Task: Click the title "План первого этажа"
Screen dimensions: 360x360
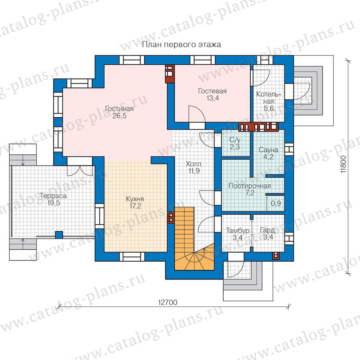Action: [x=181, y=44]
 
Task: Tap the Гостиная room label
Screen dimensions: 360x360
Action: [x=119, y=108]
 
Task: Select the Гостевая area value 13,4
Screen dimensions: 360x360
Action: [x=213, y=98]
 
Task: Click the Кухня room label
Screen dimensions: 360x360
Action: [x=135, y=199]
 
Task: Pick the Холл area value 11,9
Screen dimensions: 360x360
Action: [x=194, y=171]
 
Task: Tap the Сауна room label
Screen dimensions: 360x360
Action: [x=268, y=150]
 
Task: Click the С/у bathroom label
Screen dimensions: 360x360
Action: [x=235, y=140]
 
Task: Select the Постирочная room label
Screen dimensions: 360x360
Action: [x=250, y=186]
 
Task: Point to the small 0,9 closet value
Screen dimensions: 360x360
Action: [x=276, y=203]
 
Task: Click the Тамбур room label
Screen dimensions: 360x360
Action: [x=238, y=230]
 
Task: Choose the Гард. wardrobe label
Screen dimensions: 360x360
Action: [x=268, y=230]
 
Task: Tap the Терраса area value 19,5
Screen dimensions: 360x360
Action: [x=54, y=203]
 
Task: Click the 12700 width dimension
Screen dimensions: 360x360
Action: [x=168, y=302]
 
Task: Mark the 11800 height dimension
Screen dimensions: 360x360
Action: [x=343, y=164]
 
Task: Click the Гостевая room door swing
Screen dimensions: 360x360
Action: [x=197, y=114]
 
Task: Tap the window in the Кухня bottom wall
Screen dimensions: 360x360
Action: [x=132, y=257]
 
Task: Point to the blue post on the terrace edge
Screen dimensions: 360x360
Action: [x=59, y=235]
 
